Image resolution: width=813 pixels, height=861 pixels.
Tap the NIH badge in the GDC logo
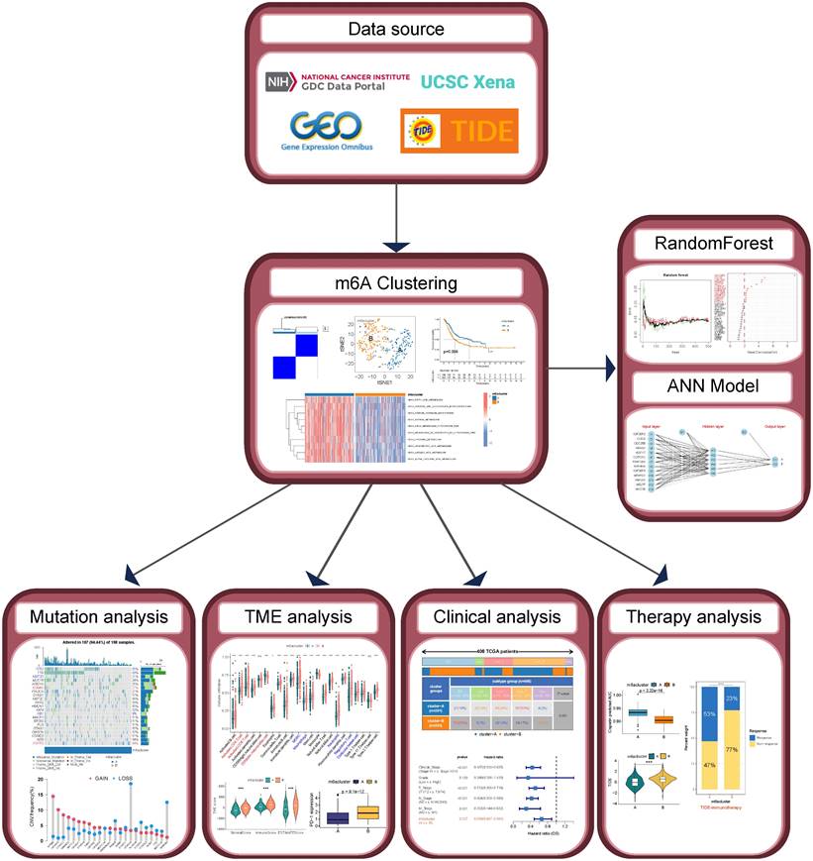point(281,83)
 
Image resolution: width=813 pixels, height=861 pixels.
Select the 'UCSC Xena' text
point(468,81)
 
